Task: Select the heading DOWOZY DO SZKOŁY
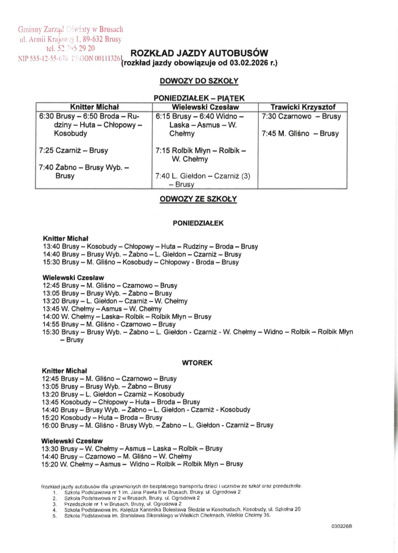click(199, 81)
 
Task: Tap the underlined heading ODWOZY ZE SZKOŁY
click(198, 199)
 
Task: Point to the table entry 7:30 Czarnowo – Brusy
click(301, 117)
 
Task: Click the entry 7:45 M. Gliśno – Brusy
click(300, 134)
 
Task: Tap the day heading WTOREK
click(197, 363)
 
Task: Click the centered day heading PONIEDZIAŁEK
click(198, 223)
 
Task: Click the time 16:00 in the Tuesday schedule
click(50, 425)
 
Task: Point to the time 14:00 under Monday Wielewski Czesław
click(51, 317)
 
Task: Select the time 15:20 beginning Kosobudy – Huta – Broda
click(50, 417)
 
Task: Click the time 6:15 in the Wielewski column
click(163, 117)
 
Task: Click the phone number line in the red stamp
click(70, 48)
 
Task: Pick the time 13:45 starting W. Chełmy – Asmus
click(51, 309)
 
